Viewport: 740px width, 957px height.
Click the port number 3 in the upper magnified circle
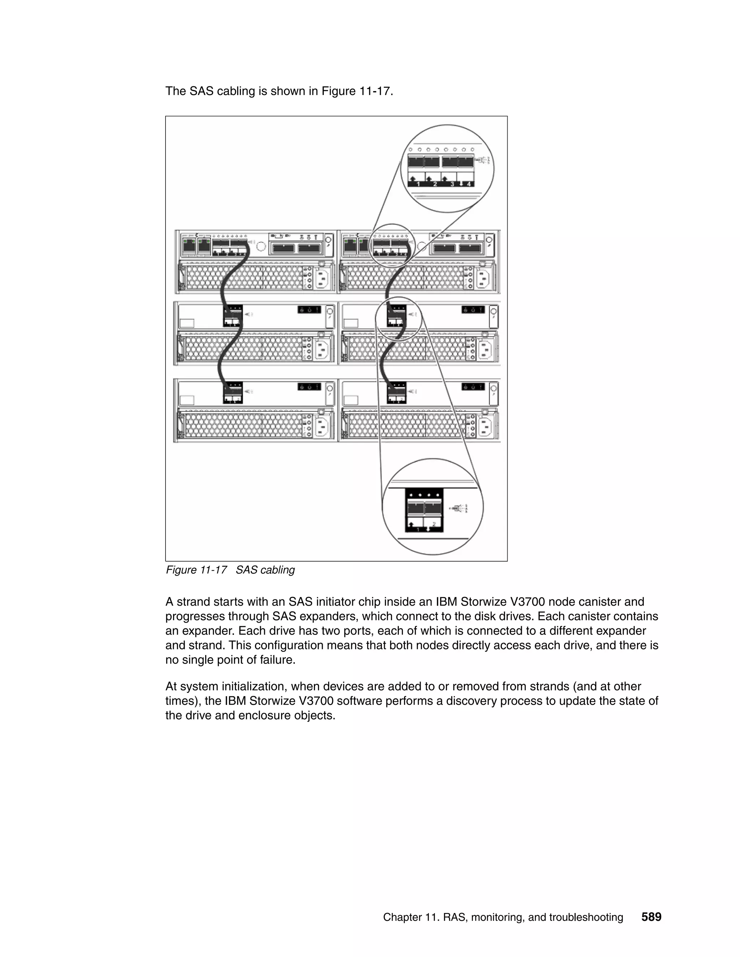pos(452,184)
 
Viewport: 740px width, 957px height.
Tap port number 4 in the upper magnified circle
pos(469,184)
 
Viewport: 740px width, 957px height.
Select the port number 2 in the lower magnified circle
pos(434,524)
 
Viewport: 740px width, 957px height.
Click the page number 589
pos(651,917)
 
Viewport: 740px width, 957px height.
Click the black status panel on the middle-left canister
pos(310,310)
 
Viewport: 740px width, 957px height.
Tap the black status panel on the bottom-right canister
pos(473,387)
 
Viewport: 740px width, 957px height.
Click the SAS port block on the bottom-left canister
pos(233,393)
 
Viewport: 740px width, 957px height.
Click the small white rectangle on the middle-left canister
pos(187,323)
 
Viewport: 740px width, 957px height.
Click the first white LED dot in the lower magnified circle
pos(411,495)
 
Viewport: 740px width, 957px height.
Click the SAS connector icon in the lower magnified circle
pos(459,508)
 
